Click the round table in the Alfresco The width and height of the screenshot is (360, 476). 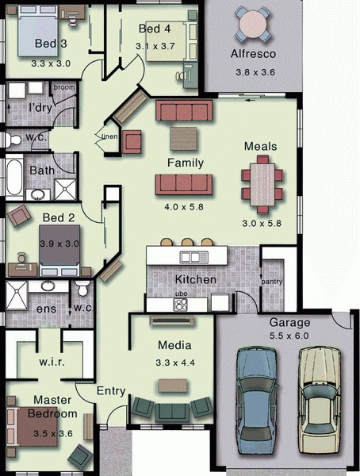pos(253,24)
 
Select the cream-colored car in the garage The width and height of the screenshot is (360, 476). pos(320,400)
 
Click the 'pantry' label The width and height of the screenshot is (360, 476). pos(272,282)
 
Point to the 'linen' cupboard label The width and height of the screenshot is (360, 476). pos(109,136)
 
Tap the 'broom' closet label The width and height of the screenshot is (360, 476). pos(64,87)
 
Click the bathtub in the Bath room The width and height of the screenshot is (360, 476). pos(14,177)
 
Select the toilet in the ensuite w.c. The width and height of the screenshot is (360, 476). pos(82,287)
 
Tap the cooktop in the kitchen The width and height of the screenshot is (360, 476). pos(180,305)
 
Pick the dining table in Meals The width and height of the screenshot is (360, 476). pos(262,185)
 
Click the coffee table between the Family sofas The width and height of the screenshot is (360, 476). pos(183,139)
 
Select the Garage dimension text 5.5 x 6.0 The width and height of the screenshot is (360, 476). pos(289,336)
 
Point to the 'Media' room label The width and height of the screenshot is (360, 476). pos(174,345)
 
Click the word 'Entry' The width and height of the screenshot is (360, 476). pos(111,391)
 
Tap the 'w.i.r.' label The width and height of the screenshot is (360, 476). pos(52,362)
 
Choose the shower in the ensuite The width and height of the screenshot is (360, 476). pos(17,295)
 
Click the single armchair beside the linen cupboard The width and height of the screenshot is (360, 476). pos(132,142)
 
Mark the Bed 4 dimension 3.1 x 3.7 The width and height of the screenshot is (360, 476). pos(155,47)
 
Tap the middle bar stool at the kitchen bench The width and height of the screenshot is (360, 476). pos(186,242)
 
